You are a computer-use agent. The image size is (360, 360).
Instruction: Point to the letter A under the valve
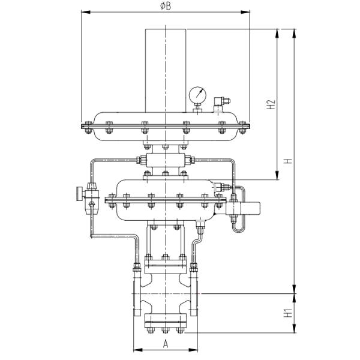166,343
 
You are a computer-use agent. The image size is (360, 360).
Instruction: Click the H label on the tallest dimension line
287,161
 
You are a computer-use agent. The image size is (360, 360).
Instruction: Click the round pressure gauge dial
197,95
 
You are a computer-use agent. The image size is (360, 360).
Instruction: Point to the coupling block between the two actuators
165,161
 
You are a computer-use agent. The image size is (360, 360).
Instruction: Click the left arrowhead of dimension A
135,349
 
